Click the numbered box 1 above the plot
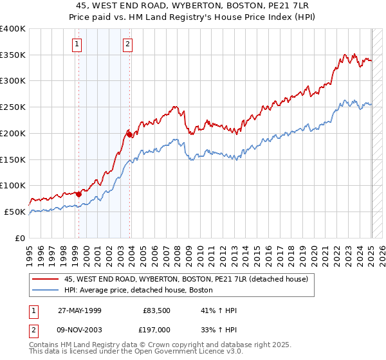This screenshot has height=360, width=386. point(77,44)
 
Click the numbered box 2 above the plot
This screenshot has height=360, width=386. point(128,44)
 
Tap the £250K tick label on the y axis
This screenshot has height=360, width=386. point(13,107)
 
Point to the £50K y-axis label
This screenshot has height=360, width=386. point(15,212)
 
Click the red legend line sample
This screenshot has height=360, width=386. point(45,279)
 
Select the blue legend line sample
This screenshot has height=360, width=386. point(45,291)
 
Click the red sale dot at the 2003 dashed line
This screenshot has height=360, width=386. point(129,134)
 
